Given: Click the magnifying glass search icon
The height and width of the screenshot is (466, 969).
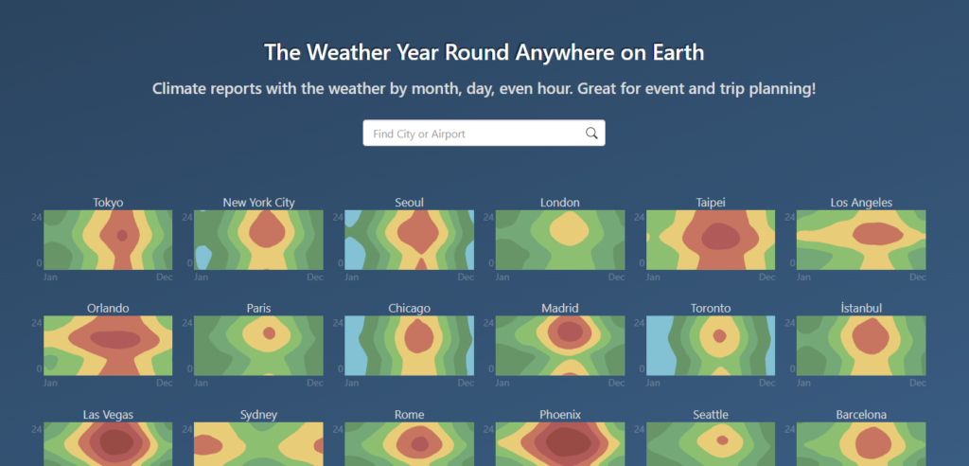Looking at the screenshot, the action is click(x=591, y=133).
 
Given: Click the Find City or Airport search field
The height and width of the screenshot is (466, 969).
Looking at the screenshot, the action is click(x=484, y=133).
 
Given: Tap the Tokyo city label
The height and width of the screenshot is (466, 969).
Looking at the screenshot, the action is click(x=108, y=203).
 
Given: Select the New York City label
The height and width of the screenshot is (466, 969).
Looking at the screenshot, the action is click(x=259, y=203).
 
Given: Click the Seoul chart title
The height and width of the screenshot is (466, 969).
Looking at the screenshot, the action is click(x=409, y=203).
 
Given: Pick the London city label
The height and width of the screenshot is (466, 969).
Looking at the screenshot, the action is click(x=560, y=203).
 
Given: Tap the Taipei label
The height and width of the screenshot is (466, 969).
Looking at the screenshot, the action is click(x=711, y=203).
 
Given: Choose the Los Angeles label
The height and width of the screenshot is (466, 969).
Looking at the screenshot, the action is click(x=861, y=203).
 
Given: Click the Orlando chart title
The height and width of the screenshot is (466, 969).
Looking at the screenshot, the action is click(x=108, y=308).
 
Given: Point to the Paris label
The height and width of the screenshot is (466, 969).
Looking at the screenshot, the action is click(x=259, y=308).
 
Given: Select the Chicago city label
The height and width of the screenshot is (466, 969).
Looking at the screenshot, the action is click(x=409, y=308).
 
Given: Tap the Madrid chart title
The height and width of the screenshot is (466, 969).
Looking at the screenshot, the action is click(x=560, y=308).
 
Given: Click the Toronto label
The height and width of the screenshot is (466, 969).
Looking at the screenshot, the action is click(x=711, y=308).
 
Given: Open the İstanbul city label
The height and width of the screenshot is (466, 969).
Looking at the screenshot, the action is click(x=861, y=308).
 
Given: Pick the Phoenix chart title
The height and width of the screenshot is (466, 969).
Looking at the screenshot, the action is click(x=560, y=414).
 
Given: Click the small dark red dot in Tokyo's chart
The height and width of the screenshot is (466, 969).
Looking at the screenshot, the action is click(x=122, y=235).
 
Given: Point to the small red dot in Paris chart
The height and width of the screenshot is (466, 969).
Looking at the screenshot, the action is click(x=269, y=333).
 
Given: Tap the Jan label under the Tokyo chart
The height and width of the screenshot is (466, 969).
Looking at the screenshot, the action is click(x=50, y=277).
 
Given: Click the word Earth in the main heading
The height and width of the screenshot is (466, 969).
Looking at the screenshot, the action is click(x=678, y=53).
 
